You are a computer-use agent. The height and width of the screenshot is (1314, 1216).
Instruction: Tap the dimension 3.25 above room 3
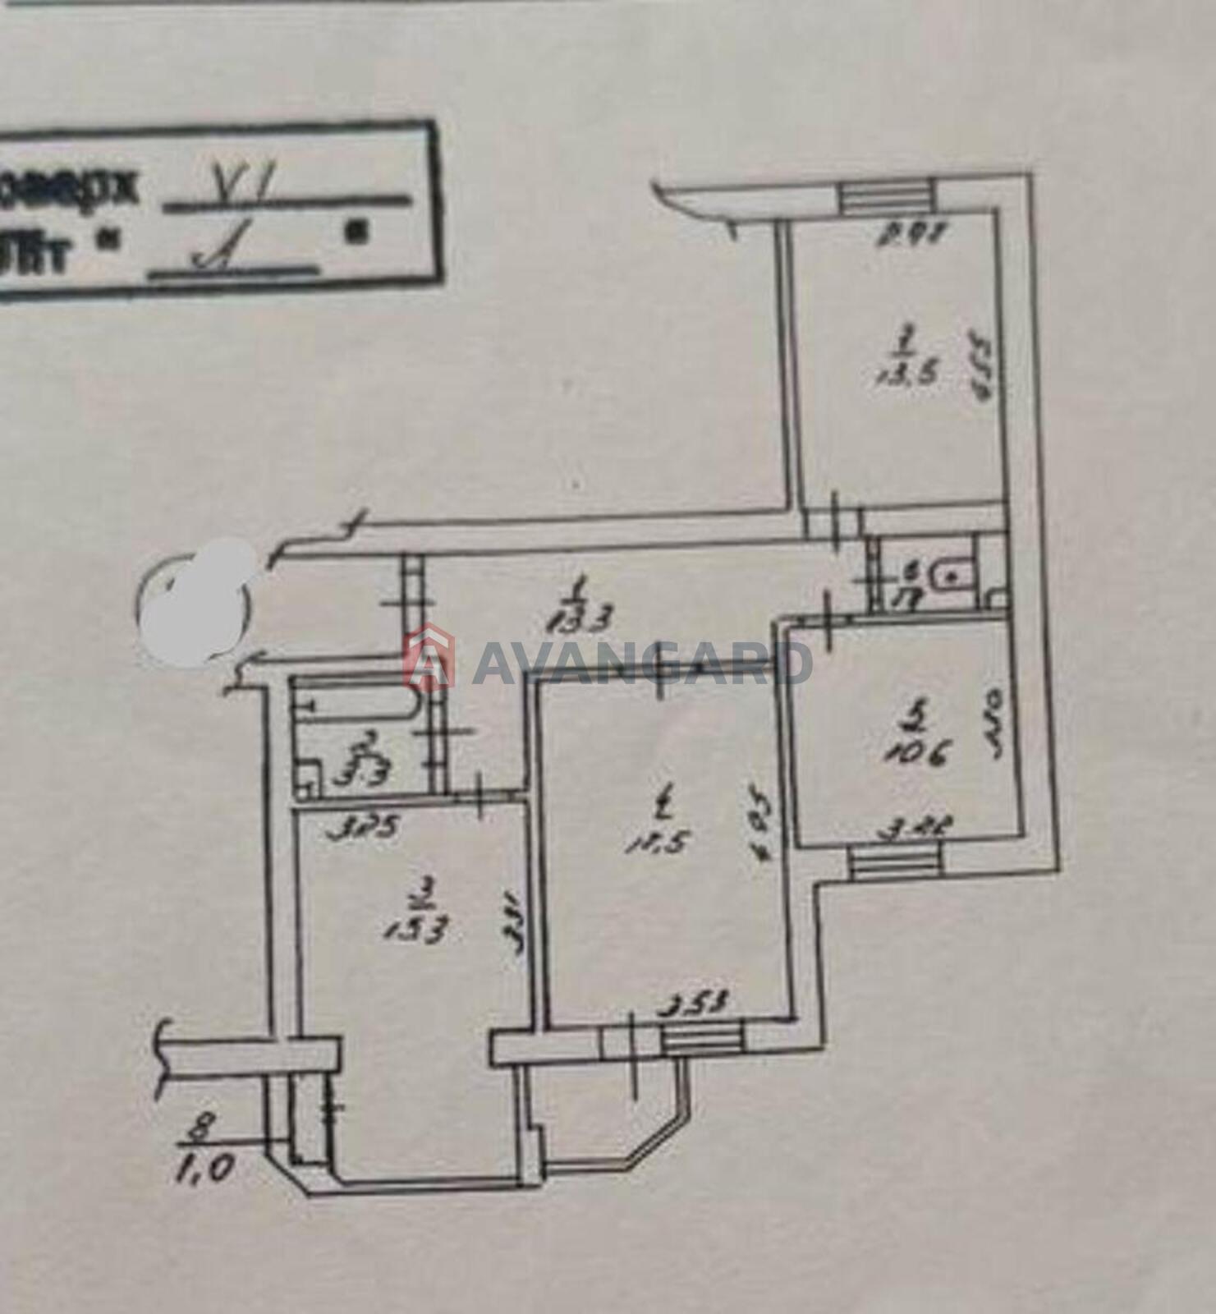362,828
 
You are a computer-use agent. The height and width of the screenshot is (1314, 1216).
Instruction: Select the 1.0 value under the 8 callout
200,1167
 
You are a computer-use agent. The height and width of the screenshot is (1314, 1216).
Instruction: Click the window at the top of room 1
886,197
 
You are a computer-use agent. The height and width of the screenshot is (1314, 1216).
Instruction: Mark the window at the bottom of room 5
893,864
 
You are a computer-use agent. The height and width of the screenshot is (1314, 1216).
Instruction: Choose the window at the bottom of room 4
702,1038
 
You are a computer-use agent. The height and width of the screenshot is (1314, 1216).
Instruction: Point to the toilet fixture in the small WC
951,575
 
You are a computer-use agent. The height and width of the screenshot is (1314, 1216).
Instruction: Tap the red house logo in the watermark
429,657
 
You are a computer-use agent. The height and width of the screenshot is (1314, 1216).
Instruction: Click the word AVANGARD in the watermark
641,664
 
